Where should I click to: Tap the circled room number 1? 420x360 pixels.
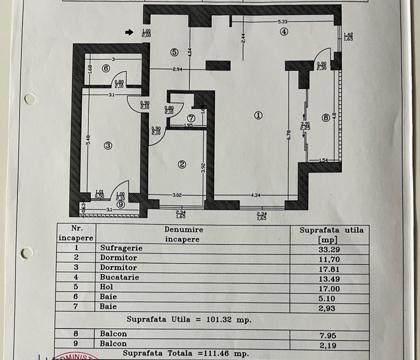[x=258, y=114]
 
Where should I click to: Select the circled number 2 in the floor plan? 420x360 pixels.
[x=182, y=163]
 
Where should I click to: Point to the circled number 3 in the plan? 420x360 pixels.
[x=107, y=145]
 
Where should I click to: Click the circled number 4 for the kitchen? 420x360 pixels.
[x=284, y=31]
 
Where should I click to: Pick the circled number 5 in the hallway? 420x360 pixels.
[x=174, y=51]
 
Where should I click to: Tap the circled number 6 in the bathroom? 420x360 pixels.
[x=106, y=69]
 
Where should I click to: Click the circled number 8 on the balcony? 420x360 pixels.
[x=326, y=118]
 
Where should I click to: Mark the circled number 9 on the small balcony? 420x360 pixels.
[x=120, y=203]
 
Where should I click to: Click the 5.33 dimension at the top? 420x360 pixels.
[x=283, y=21]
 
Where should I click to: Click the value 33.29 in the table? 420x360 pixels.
[x=332, y=248]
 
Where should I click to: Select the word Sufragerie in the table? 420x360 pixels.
[x=121, y=248]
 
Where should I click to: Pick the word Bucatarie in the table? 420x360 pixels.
[x=120, y=277]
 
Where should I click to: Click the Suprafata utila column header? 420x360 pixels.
[x=332, y=234]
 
